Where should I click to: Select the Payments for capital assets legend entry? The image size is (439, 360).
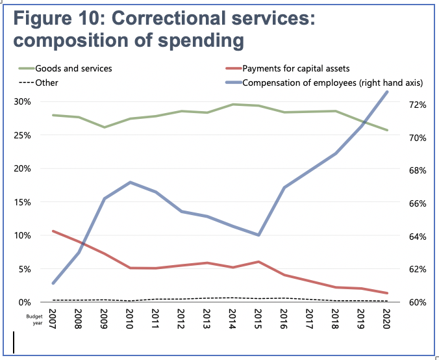pos(296,68)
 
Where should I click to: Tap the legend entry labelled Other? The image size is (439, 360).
pos(47,83)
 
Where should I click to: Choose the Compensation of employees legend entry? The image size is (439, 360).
pos(332,83)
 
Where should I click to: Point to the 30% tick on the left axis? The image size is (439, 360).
pos(23,102)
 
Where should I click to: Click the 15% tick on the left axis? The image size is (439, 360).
pos(23,202)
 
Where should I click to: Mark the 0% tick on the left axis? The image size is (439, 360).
pos(25,302)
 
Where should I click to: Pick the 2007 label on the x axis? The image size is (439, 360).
pos(53,319)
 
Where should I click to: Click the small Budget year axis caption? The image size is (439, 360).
pos(34,319)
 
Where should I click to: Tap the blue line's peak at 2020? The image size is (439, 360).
pos(387,92)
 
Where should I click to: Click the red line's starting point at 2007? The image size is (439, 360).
pos(53,231)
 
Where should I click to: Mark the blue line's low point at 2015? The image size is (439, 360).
pos(258,235)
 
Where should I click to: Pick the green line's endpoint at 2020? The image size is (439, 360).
pos(387,130)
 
